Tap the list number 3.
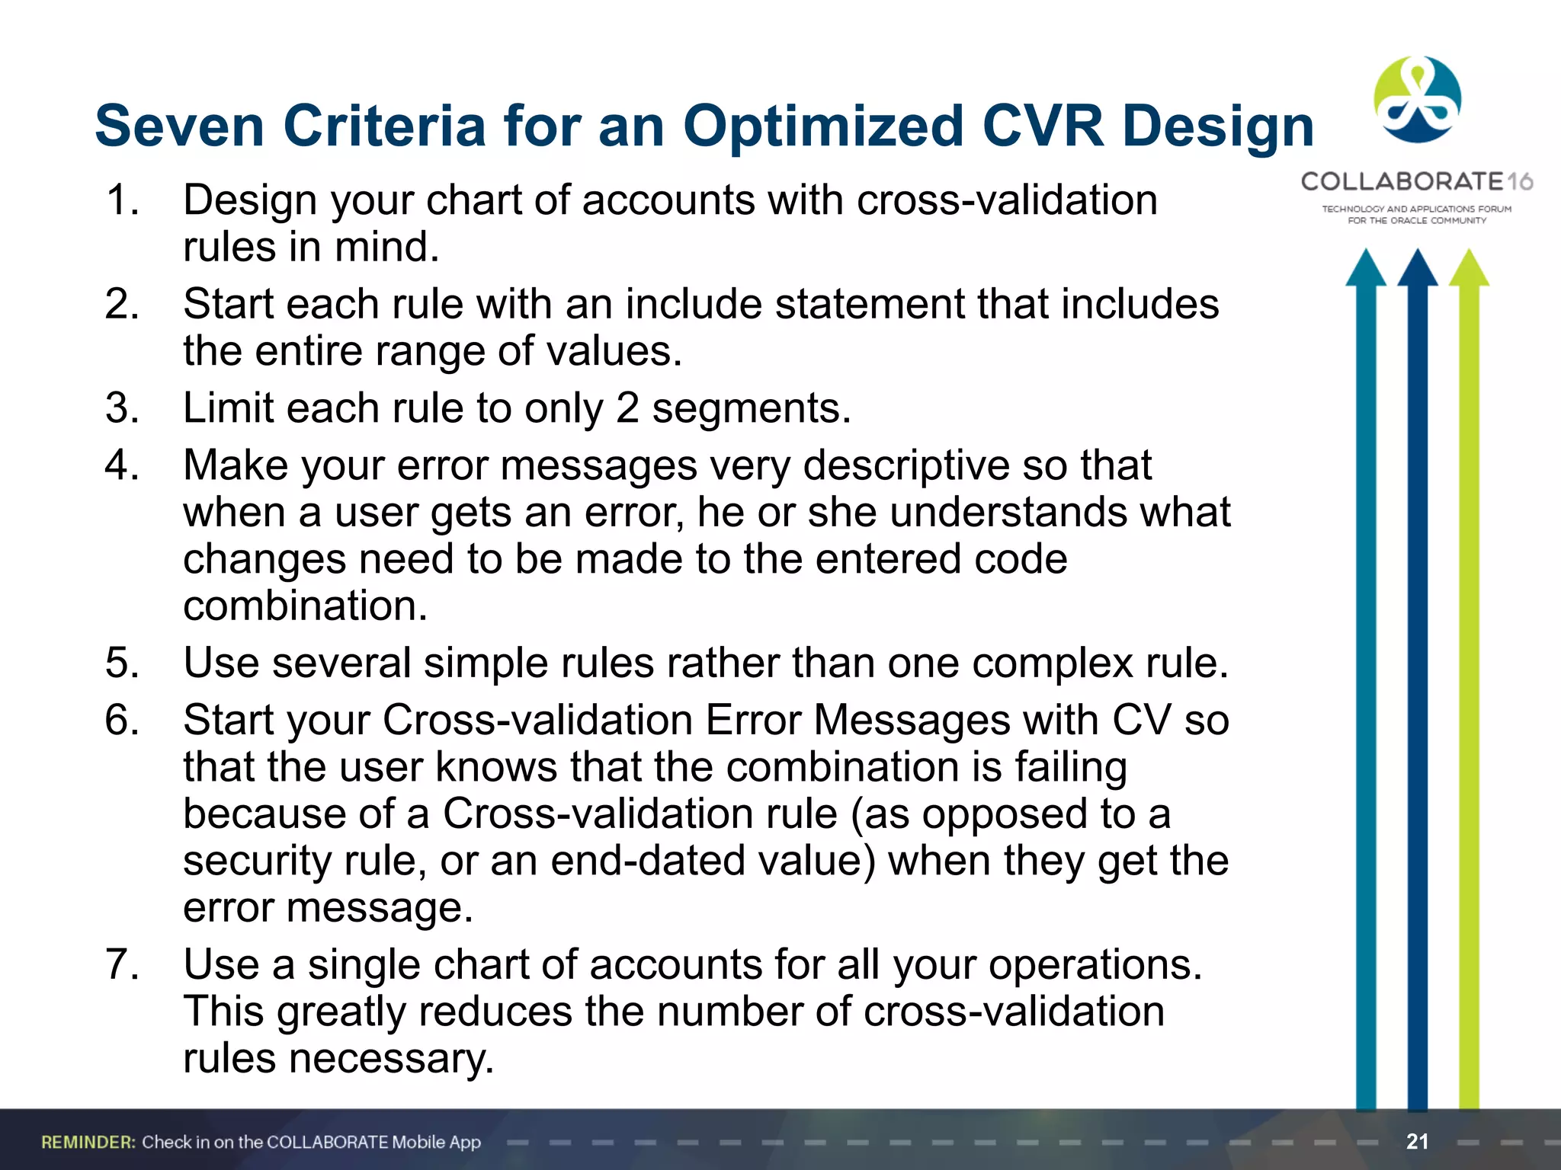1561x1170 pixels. (x=122, y=408)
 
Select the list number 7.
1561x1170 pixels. (x=122, y=964)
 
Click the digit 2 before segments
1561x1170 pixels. (x=627, y=408)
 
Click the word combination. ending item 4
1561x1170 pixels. (x=305, y=606)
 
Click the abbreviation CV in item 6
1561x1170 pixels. (x=1140, y=720)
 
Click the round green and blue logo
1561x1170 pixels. (x=1417, y=100)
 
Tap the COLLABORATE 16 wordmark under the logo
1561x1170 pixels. (x=1416, y=182)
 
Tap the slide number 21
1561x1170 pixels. (x=1417, y=1141)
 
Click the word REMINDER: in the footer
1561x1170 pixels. (x=88, y=1142)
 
